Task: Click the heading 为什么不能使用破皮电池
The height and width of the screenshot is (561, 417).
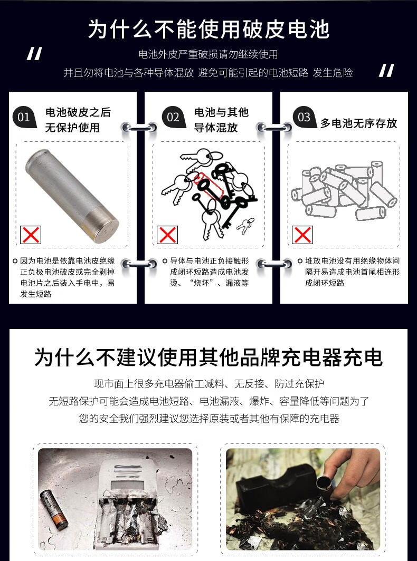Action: point(209,29)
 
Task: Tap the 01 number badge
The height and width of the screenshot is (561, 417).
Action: point(24,118)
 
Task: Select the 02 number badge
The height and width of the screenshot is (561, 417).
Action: point(173,118)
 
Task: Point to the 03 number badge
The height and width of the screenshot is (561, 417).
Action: point(305,118)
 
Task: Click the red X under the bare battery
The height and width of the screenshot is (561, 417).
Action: point(31,235)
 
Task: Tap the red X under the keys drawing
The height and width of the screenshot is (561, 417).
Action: point(167,235)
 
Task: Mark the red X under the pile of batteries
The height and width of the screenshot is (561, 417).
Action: point(302,235)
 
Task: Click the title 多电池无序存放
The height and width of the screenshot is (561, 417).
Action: point(358,123)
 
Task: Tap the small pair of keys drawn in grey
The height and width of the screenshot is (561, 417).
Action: point(245,225)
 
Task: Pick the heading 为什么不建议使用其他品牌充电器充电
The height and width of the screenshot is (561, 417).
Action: point(209,357)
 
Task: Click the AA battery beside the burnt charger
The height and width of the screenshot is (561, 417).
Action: point(54,509)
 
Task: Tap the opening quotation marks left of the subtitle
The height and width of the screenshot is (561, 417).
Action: point(34,54)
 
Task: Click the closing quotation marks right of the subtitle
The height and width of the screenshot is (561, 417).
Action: point(386,71)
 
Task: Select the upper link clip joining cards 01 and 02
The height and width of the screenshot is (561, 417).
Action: point(139,128)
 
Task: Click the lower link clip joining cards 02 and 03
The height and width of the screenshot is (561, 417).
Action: point(274,264)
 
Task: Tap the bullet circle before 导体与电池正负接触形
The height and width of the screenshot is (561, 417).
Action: point(165,261)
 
